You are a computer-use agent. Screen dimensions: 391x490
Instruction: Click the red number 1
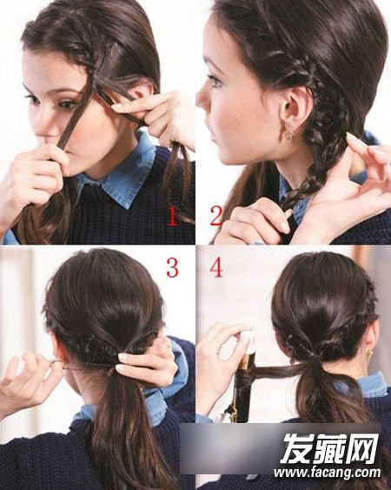coord(173,217)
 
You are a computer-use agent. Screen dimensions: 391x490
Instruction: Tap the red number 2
coord(216,216)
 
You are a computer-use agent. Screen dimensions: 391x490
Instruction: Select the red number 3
coord(172,268)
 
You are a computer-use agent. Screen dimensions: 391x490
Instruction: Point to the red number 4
coord(216,268)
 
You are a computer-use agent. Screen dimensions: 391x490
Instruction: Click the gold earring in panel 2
coord(289,135)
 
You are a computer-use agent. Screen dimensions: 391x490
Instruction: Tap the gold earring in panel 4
coord(369,353)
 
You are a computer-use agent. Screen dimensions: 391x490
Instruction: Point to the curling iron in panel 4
coord(244,385)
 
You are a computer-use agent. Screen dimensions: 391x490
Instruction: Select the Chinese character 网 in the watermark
coord(362,448)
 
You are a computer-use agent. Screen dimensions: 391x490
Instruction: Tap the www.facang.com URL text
coord(328,473)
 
